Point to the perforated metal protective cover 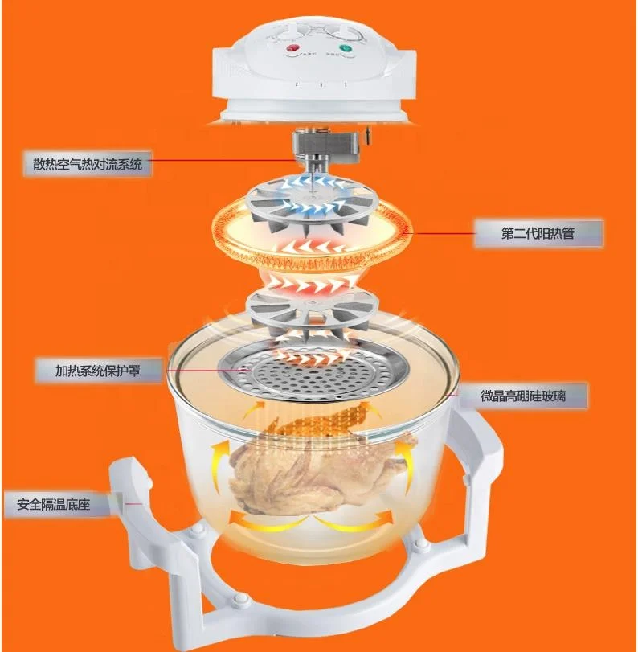[x=313, y=375]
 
